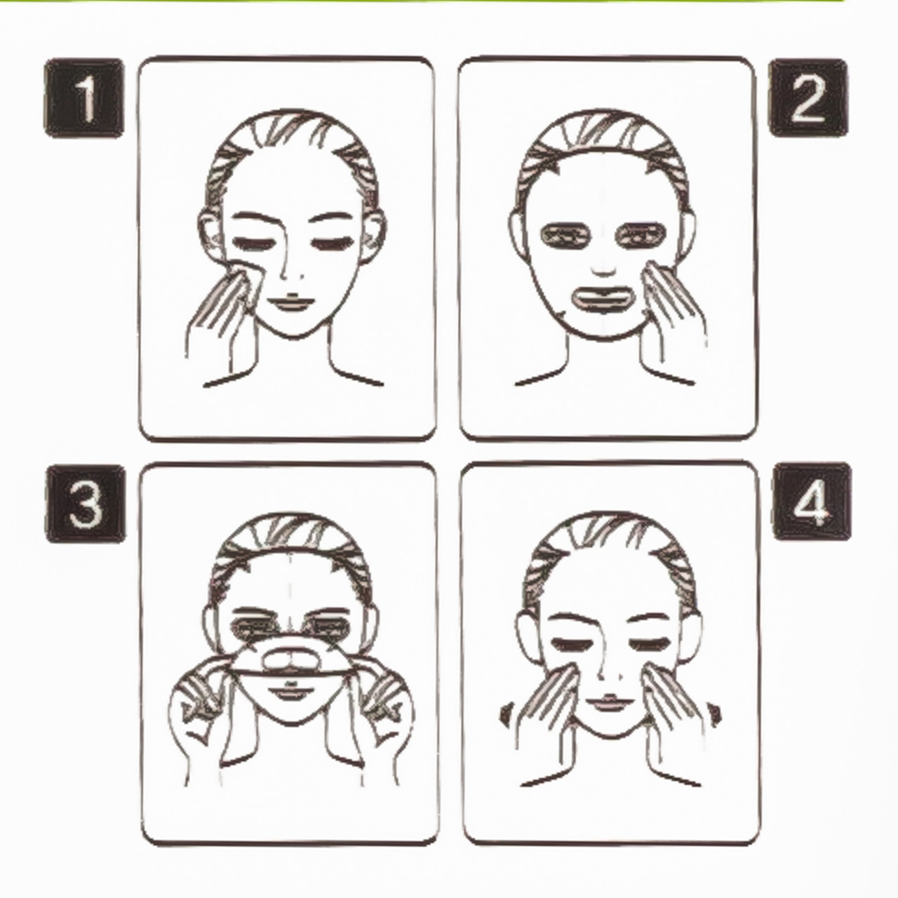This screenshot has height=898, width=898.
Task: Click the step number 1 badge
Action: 84,98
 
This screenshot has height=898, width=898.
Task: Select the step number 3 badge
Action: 86,504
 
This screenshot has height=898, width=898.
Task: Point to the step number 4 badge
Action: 812,502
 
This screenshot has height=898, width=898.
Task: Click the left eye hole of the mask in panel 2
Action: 565,237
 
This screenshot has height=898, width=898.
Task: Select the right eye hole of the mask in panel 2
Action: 641,236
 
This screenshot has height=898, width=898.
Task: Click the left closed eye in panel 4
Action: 570,645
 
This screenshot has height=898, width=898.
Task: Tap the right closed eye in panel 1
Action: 330,243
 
